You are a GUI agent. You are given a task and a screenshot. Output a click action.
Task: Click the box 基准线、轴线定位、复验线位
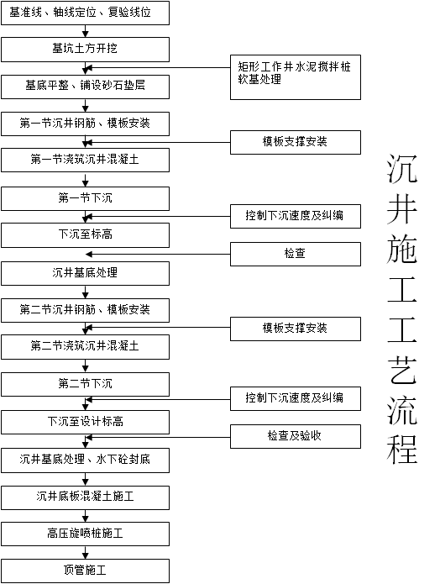coord(85,13)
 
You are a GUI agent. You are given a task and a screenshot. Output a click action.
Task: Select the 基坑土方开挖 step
coord(85,50)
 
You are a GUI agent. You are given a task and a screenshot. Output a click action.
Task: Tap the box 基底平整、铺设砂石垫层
coord(85,87)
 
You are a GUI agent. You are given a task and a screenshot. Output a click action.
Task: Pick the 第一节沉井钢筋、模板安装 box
coord(85,124)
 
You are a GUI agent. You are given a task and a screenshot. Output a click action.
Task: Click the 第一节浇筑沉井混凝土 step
coord(85,160)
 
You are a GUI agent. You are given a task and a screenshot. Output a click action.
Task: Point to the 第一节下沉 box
coord(85,198)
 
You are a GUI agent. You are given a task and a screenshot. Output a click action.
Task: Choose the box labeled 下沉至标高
coord(85,234)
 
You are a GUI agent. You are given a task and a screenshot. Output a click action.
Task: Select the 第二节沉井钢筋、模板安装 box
coord(85,309)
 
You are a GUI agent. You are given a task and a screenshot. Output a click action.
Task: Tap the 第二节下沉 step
coord(85,384)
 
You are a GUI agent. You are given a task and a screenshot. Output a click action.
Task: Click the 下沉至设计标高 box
coord(85,421)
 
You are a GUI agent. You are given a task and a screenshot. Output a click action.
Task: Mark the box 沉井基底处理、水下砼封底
coord(85,460)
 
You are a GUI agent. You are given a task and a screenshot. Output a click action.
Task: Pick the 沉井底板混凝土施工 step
coord(85,497)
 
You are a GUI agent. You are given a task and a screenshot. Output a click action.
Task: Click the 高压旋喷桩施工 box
coord(85,534)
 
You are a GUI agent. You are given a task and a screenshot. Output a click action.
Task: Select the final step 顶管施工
coord(85,571)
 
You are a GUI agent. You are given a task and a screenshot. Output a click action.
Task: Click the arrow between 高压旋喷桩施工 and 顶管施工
coord(85,552)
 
